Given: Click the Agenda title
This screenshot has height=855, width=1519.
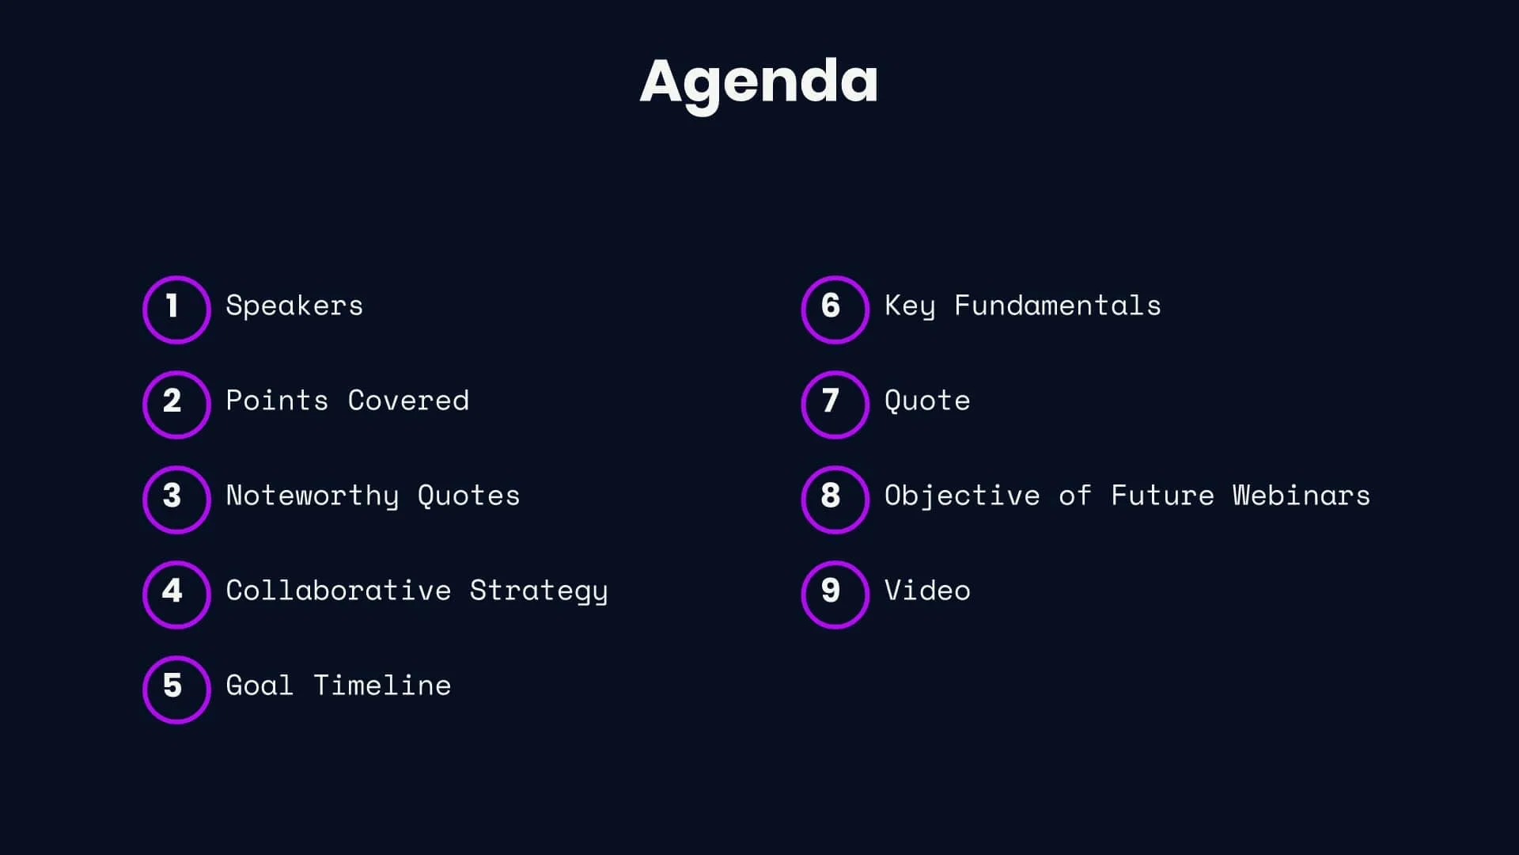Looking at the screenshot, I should pyautogui.click(x=759, y=82).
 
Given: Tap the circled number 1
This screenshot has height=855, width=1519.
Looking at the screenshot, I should pyautogui.click(x=176, y=310).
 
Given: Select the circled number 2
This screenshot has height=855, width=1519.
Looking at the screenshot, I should pyautogui.click(x=176, y=405).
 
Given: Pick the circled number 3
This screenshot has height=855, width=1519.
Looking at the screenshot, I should pyautogui.click(x=176, y=500).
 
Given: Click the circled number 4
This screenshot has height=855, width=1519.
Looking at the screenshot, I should pyautogui.click(x=176, y=595).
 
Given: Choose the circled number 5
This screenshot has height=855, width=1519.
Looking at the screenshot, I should pyautogui.click(x=176, y=690).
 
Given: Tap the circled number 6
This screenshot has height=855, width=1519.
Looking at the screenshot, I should pyautogui.click(x=835, y=310).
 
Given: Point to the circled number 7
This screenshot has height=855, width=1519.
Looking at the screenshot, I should pyautogui.click(x=835, y=405).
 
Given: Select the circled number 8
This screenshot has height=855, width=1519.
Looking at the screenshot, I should pyautogui.click(x=835, y=500).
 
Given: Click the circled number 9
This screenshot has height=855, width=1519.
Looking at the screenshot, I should pyautogui.click(x=835, y=595).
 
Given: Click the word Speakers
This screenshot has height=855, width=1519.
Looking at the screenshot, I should pyautogui.click(x=294, y=306).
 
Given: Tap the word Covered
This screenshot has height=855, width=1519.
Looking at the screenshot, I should pyautogui.click(x=408, y=401).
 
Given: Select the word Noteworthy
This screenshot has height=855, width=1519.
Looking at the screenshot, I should pyautogui.click(x=313, y=496).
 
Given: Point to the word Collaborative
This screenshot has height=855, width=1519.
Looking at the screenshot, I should pyautogui.click(x=339, y=591).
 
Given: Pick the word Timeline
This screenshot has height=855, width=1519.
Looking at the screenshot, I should pyautogui.click(x=382, y=686).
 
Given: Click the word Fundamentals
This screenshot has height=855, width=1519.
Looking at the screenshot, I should pyautogui.click(x=1058, y=306).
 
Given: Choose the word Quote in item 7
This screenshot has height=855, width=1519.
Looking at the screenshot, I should pyautogui.click(x=927, y=401).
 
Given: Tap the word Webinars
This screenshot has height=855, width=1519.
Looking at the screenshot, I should pyautogui.click(x=1301, y=496).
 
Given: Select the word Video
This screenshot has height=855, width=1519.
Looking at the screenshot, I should pyautogui.click(x=927, y=591).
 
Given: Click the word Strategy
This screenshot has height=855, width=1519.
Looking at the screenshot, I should pyautogui.click(x=539, y=591).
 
